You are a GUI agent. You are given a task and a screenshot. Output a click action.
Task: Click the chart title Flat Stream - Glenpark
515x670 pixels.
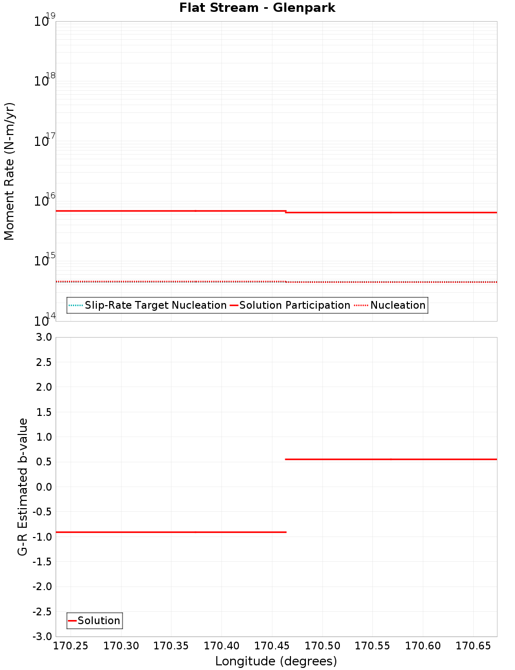[x=257, y=8]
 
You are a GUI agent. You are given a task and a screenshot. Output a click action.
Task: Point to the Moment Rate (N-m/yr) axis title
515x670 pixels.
[x=9, y=171]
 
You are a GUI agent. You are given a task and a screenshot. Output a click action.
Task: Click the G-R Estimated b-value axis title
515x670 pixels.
[x=23, y=487]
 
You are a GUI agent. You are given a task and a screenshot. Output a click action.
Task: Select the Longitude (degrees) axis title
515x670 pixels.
[x=276, y=661]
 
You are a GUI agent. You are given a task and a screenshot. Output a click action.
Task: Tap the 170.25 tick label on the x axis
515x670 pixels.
[x=71, y=646]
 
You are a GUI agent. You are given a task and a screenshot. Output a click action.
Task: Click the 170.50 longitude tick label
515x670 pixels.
[x=322, y=646]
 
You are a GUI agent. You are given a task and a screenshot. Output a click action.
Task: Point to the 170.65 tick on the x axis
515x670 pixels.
[x=473, y=646]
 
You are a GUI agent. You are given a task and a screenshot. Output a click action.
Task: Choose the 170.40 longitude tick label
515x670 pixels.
[x=221, y=646]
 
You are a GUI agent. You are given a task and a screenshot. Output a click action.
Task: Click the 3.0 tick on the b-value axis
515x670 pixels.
[x=42, y=337]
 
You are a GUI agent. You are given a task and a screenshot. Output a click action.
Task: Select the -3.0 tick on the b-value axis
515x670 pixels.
[x=41, y=636]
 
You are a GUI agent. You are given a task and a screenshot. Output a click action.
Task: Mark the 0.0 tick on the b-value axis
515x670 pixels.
[x=42, y=487]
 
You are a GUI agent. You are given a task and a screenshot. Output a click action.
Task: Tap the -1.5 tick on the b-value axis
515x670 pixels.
[x=41, y=562]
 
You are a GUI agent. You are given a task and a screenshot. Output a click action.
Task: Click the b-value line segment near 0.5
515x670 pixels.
[x=391, y=459]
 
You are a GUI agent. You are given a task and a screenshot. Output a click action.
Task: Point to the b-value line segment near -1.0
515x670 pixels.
[x=170, y=532]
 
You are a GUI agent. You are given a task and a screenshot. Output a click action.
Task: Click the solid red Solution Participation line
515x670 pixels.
[x=170, y=211]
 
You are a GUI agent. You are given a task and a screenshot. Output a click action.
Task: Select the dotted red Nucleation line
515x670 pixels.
[x=391, y=282]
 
